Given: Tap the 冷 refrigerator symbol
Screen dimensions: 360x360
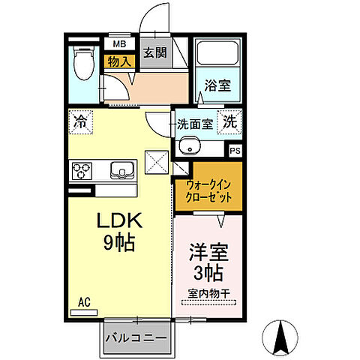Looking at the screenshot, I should [x=79, y=120].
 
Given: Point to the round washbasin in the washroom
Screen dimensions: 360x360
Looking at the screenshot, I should [x=191, y=145].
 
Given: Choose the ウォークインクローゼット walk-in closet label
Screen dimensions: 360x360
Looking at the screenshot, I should [x=208, y=193].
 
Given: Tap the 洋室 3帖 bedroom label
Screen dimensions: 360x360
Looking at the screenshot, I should [x=208, y=261].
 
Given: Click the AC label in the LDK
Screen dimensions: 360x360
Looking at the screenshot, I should [x=85, y=303].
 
